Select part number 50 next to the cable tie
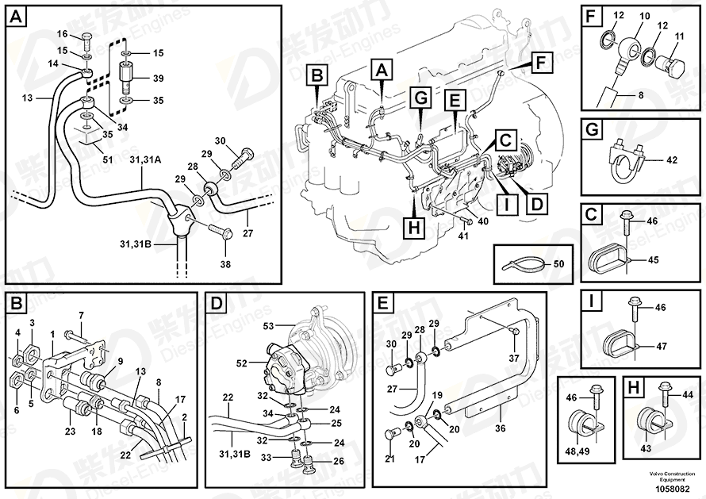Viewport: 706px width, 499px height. click(558, 263)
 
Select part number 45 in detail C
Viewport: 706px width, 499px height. click(653, 259)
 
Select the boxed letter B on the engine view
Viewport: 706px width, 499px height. click(317, 77)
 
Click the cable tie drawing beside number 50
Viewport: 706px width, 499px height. click(520, 263)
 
